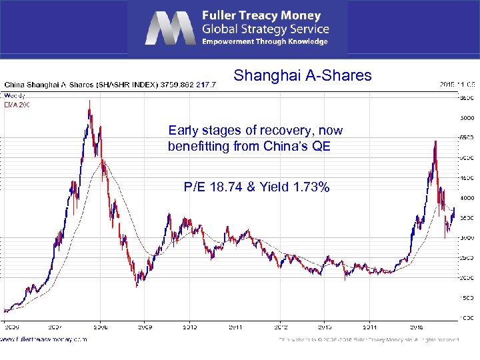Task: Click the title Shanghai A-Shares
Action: [302, 75]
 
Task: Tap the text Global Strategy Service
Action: [266, 29]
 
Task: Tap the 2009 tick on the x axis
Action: [145, 327]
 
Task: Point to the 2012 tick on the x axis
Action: [281, 327]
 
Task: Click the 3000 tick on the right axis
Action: [468, 237]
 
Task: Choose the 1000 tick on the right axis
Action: [468, 317]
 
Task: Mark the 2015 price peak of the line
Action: [435, 141]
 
